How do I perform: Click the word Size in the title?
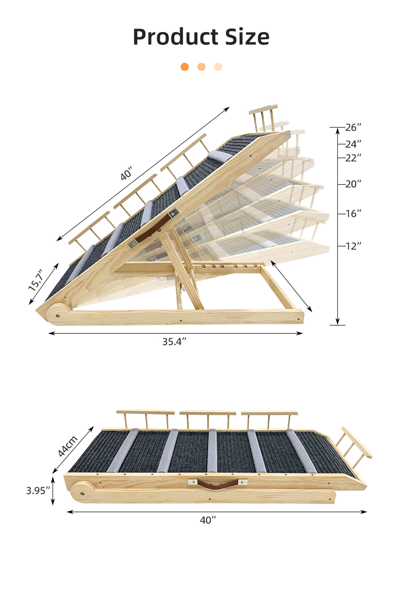[x=246, y=37]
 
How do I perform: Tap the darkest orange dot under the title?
[x=185, y=67]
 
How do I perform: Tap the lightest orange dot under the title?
[x=218, y=67]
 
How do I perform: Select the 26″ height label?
[x=353, y=127]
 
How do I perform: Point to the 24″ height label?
[x=353, y=144]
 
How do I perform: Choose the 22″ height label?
[x=353, y=158]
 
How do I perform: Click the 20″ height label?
[x=353, y=184]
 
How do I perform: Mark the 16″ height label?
[x=353, y=213]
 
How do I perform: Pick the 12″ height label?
[x=353, y=246]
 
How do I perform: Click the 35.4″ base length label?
[x=174, y=342]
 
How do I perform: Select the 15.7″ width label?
[x=36, y=280]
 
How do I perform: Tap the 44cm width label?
[x=67, y=445]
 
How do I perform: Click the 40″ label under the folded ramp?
[x=208, y=520]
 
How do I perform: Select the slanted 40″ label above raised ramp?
[x=126, y=174]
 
